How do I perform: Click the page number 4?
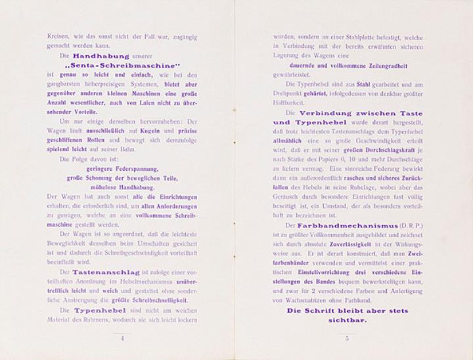click(x=122, y=338)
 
